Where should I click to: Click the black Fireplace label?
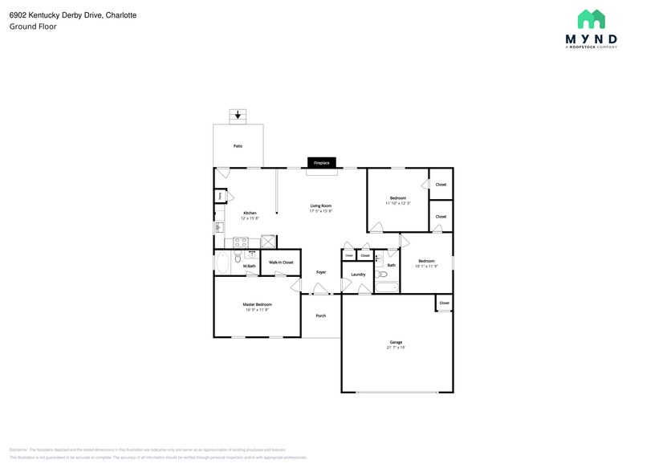click(321, 163)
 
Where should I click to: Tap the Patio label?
click(238, 146)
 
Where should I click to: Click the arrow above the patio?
click(237, 116)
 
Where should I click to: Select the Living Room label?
click(321, 206)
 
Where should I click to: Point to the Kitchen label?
click(250, 213)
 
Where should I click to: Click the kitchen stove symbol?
click(240, 242)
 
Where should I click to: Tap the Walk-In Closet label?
click(281, 262)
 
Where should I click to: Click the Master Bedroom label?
click(258, 304)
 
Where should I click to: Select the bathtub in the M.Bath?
click(222, 262)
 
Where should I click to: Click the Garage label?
click(396, 343)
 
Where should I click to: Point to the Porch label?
click(321, 315)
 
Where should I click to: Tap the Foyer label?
click(321, 272)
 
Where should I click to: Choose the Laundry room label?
click(358, 275)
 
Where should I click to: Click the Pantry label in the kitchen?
click(218, 196)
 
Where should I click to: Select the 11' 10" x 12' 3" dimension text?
click(398, 203)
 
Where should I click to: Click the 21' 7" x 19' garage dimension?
click(396, 348)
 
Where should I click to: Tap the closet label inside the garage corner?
click(444, 303)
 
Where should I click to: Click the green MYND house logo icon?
click(592, 20)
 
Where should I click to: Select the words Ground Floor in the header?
click(33, 26)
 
